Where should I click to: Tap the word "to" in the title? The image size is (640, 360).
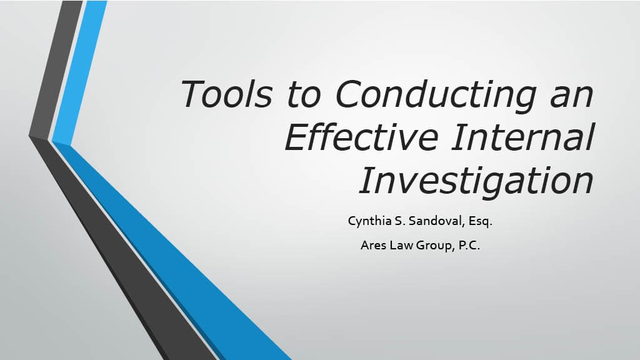pyautogui.click(x=304, y=95)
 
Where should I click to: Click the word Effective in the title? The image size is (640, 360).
pyautogui.click(x=362, y=136)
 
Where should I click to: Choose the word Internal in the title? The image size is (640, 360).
pyautogui.click(x=523, y=137)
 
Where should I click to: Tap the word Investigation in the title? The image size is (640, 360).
pyautogui.click(x=476, y=181)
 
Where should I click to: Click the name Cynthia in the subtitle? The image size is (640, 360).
pyautogui.click(x=370, y=221)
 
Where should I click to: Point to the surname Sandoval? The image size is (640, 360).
pyautogui.click(x=436, y=221)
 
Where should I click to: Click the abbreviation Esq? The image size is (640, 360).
pyautogui.click(x=481, y=222)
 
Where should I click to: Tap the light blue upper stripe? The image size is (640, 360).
pyautogui.click(x=80, y=71)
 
